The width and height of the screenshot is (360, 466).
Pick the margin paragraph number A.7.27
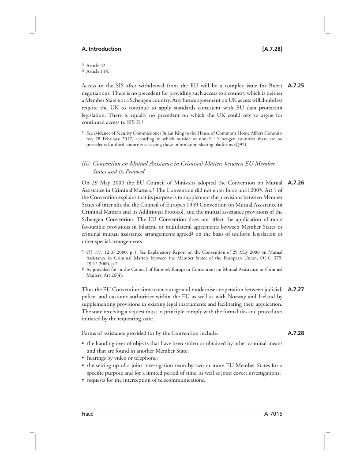pyautogui.click(x=296, y=290)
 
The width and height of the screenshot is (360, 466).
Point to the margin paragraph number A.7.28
pyautogui.click(x=296, y=333)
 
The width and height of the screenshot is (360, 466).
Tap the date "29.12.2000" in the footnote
pyautogui.click(x=97, y=264)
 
